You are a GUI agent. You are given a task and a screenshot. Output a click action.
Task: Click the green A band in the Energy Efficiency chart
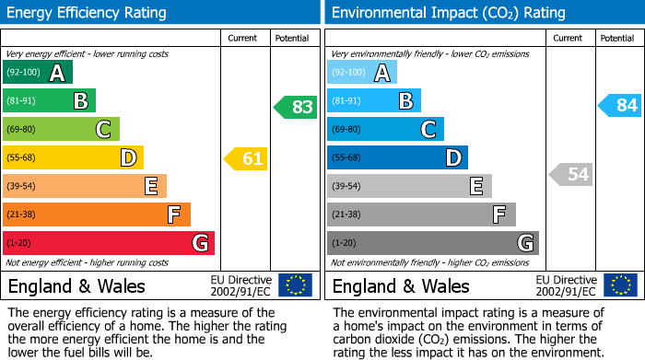pyautogui.click(x=37, y=73)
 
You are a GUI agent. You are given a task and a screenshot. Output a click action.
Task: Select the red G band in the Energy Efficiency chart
pyautogui.click(x=108, y=243)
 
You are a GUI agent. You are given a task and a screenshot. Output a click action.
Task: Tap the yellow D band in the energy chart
pyautogui.click(x=73, y=158)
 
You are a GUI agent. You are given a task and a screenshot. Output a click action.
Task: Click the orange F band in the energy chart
pyautogui.click(x=96, y=215)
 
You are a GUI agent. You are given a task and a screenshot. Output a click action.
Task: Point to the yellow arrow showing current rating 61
pyautogui.click(x=247, y=158)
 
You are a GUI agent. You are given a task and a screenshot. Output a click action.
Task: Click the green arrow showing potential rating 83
pyautogui.click(x=297, y=107)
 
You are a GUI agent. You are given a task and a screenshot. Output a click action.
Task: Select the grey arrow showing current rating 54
pyautogui.click(x=571, y=174)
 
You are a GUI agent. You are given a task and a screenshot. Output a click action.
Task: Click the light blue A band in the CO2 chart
pyautogui.click(x=361, y=73)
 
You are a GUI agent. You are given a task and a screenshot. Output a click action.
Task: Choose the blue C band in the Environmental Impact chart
pyautogui.click(x=385, y=130)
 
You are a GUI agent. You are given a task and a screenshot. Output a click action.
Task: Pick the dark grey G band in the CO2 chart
pyautogui.click(x=432, y=243)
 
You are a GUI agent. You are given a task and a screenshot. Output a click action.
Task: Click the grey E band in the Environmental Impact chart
pyautogui.click(x=409, y=186)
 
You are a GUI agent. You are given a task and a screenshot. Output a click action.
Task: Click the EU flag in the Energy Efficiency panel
pyautogui.click(x=296, y=285)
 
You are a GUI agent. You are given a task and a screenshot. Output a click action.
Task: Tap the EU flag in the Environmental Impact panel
pyautogui.click(x=620, y=285)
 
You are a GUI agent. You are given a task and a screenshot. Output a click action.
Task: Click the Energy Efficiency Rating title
pyautogui.click(x=87, y=13)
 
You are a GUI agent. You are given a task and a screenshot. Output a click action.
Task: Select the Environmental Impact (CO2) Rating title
pyautogui.click(x=448, y=13)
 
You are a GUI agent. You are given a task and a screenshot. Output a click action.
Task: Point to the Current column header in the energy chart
pyautogui.click(x=244, y=38)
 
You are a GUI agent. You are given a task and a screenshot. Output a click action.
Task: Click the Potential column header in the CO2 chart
pyautogui.click(x=617, y=38)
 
